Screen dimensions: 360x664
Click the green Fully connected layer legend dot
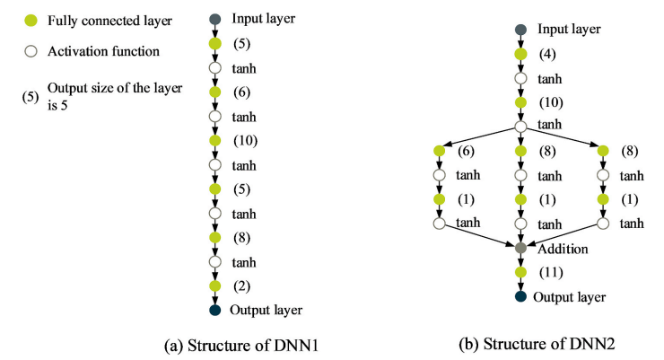(x=30, y=20)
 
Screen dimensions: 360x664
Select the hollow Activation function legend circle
(x=30, y=51)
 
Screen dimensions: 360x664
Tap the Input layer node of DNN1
(x=214, y=19)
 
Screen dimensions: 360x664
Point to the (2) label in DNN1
(x=241, y=285)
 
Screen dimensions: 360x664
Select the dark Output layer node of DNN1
(x=214, y=311)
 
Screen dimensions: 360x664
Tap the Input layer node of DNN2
(x=520, y=30)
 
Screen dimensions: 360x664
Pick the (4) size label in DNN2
(x=546, y=54)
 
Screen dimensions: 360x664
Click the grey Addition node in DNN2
(x=520, y=246)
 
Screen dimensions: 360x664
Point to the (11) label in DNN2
(x=550, y=270)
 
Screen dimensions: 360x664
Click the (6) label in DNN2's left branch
(x=466, y=152)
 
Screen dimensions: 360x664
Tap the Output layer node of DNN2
(x=520, y=296)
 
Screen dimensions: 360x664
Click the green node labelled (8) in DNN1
(x=214, y=238)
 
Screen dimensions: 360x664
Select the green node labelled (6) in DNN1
(x=214, y=92)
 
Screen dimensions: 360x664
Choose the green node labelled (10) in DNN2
(x=520, y=102)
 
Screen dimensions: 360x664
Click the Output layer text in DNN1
(x=266, y=311)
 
